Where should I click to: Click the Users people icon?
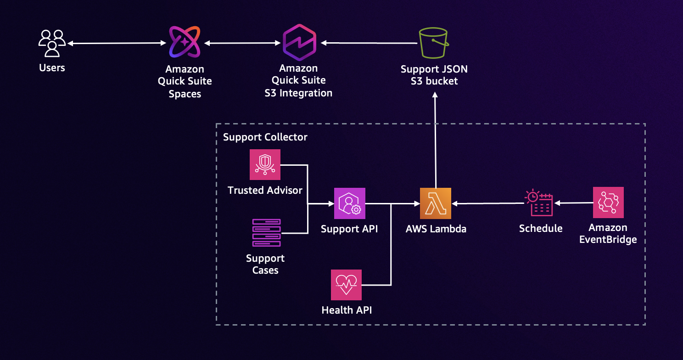[52, 43]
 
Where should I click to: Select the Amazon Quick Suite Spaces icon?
[185, 42]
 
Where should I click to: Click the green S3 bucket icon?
[434, 43]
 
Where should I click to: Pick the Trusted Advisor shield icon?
[265, 164]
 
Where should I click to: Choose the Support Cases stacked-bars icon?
[266, 233]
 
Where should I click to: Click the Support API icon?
[350, 203]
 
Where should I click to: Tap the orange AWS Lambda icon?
[435, 203]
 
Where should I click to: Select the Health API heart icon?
[346, 285]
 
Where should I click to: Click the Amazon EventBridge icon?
[608, 202]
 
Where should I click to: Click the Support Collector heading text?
[265, 137]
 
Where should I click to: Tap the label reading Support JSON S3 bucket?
[434, 75]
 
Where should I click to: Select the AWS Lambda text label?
[436, 229]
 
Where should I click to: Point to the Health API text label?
[347, 310]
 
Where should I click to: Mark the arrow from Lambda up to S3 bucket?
[435, 138]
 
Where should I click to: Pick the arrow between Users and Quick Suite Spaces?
[117, 43]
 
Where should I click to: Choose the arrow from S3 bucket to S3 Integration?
[369, 43]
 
